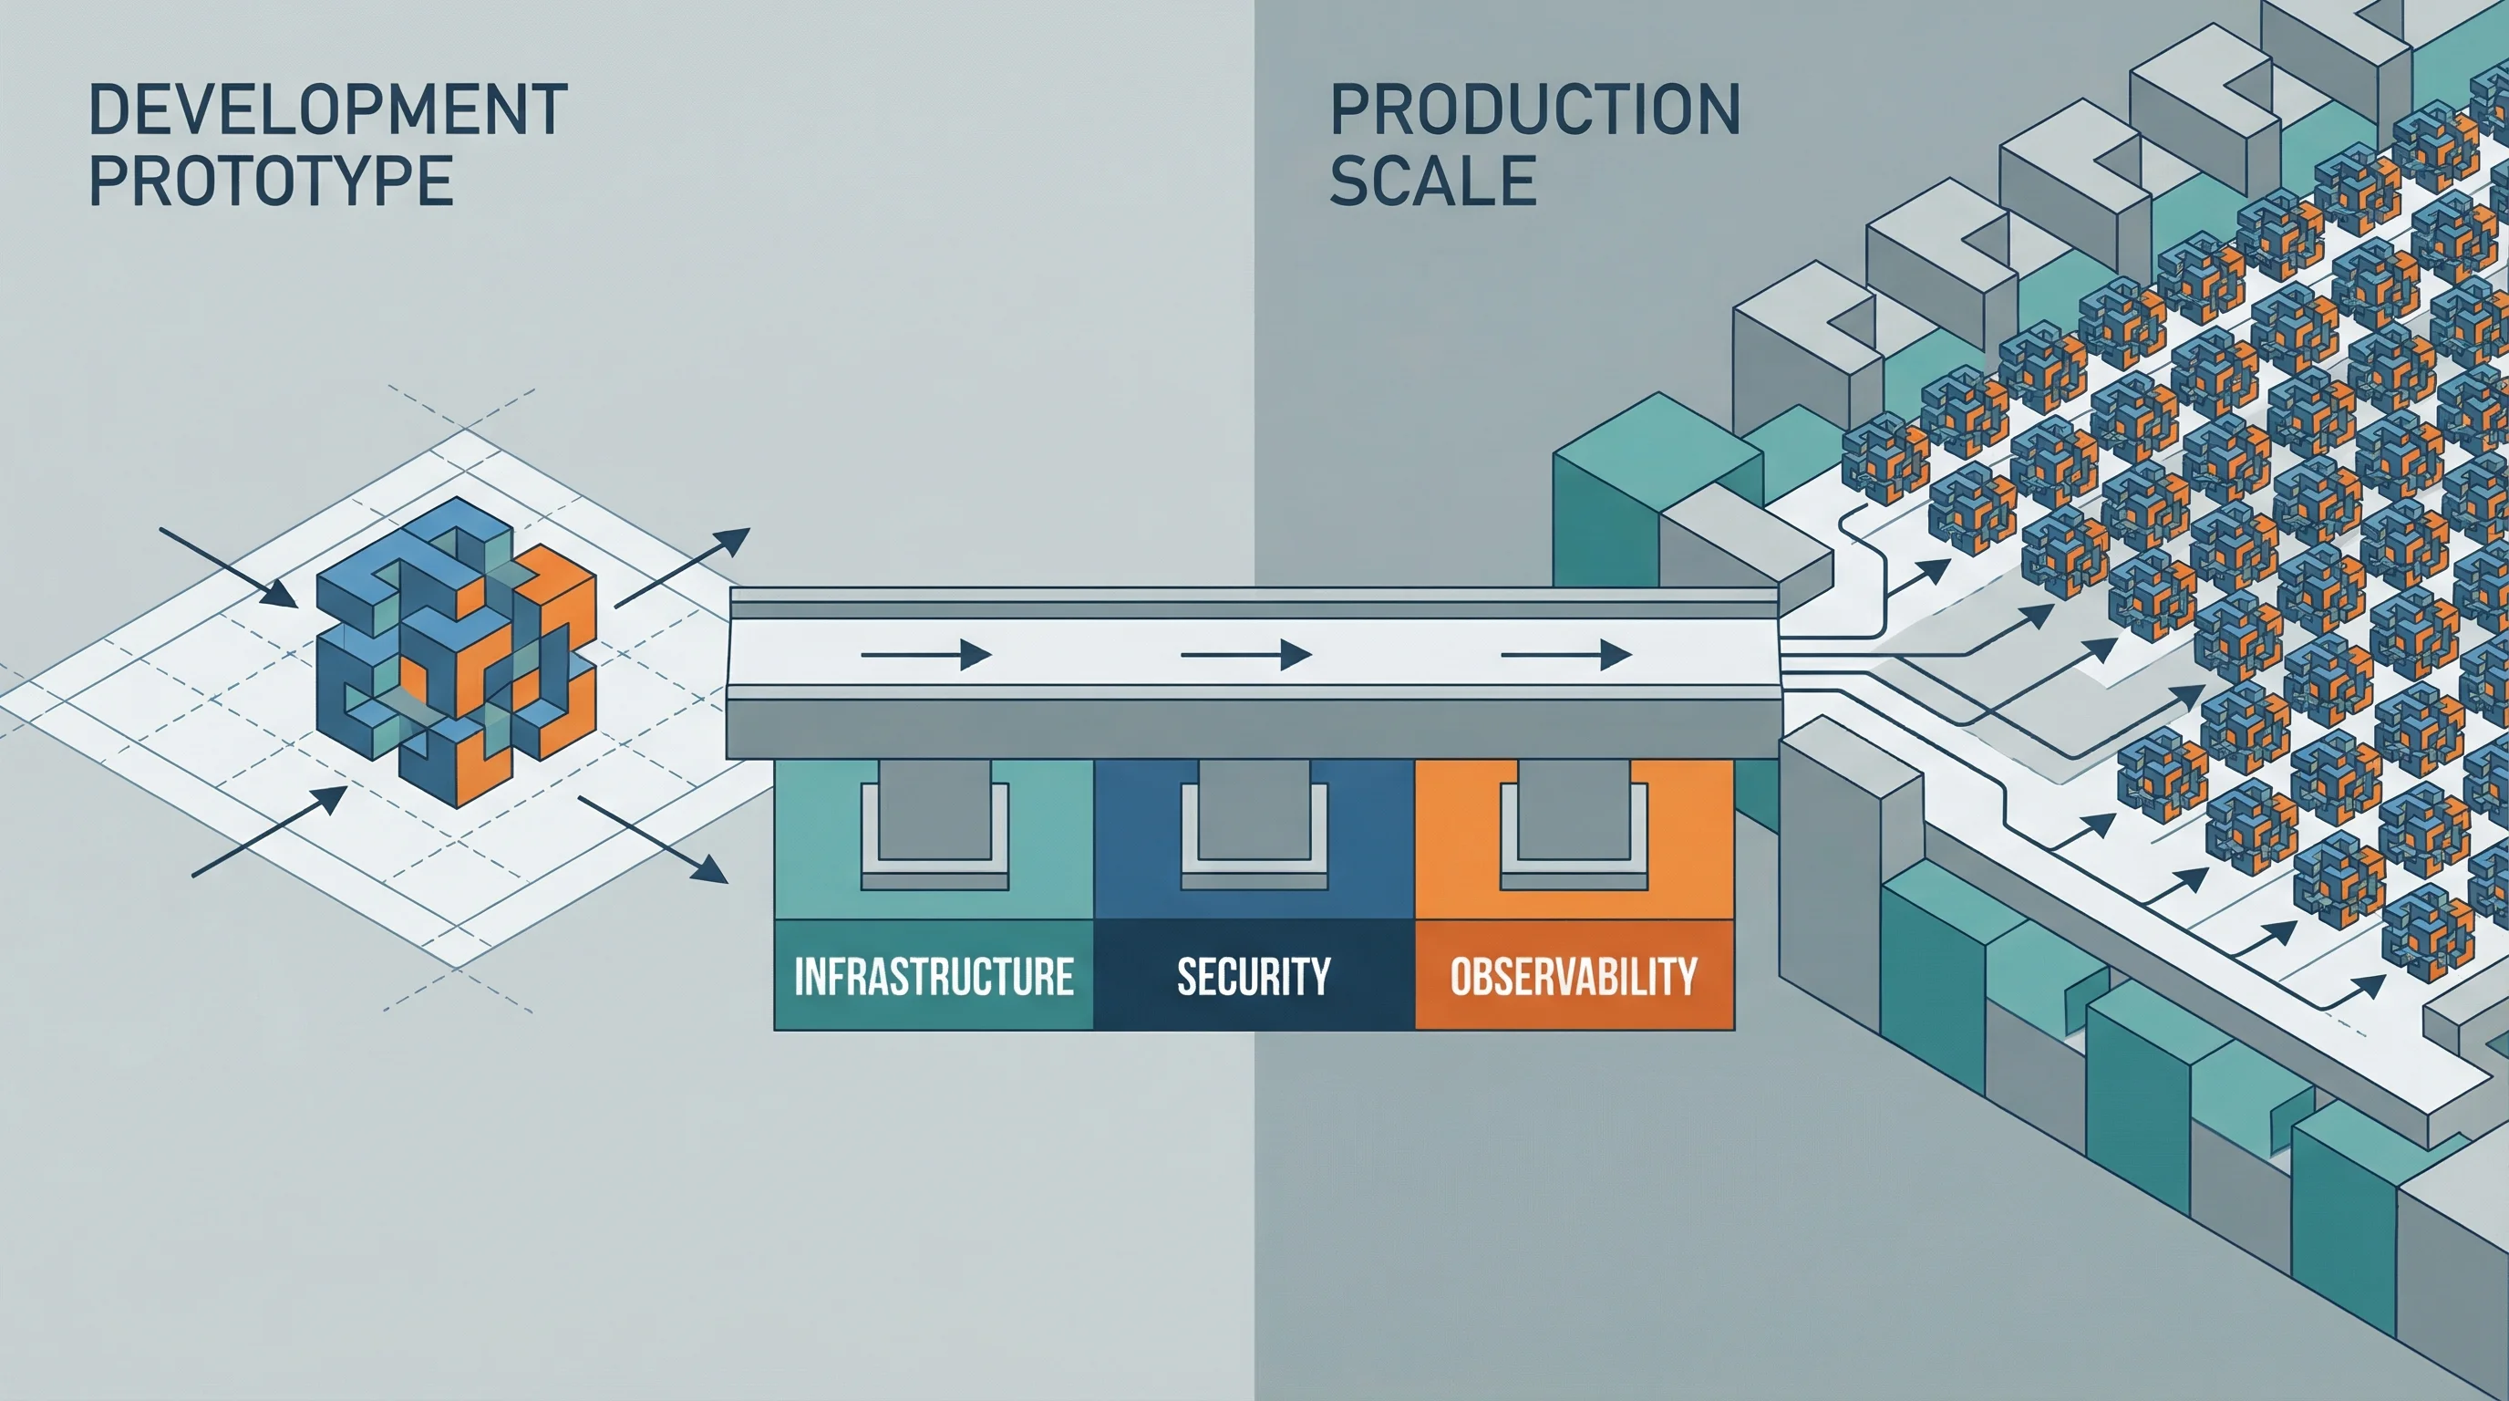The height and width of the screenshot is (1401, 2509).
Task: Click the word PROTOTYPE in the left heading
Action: pyautogui.click(x=271, y=182)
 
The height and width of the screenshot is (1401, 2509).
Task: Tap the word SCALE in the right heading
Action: pyautogui.click(x=1433, y=182)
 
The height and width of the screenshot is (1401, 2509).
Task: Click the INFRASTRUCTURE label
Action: pyautogui.click(x=933, y=976)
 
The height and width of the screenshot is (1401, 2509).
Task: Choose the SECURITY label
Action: pyautogui.click(x=1254, y=976)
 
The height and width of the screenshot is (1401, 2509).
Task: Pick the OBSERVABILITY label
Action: pyautogui.click(x=1573, y=976)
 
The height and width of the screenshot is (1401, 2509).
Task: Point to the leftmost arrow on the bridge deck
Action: pyautogui.click(x=925, y=656)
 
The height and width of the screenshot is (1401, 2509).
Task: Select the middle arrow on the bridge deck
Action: pyautogui.click(x=1245, y=656)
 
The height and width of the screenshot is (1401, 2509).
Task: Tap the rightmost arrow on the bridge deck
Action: pyautogui.click(x=1565, y=656)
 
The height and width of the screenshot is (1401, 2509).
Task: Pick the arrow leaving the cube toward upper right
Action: pyautogui.click(x=683, y=567)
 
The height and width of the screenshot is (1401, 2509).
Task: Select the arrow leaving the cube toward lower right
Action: pyautogui.click(x=654, y=839)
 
